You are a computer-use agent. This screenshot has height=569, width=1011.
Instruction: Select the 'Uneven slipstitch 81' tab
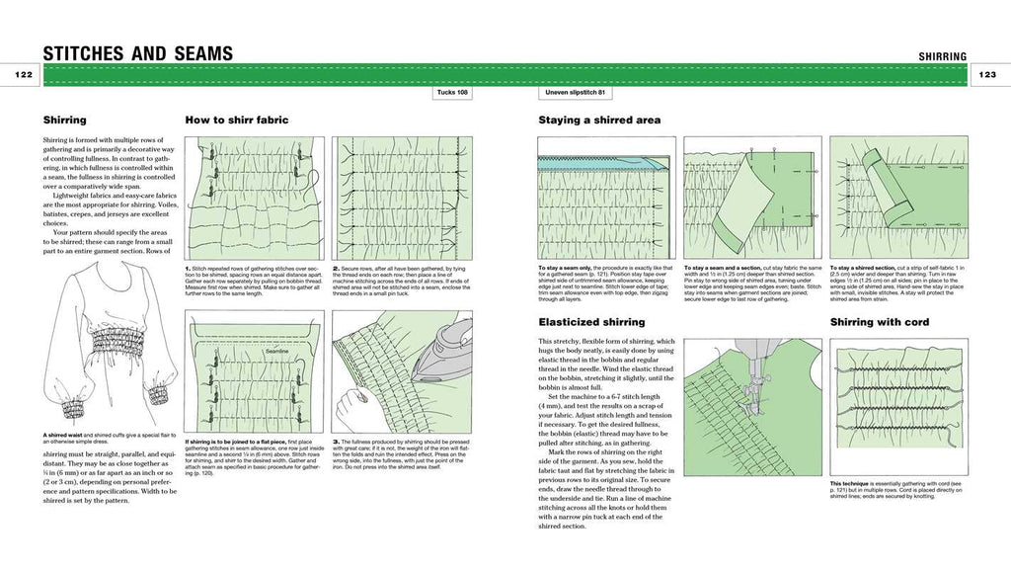[574, 93]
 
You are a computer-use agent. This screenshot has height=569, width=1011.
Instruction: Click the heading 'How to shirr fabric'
[236, 121]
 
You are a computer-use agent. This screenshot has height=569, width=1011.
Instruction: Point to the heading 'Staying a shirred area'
[598, 121]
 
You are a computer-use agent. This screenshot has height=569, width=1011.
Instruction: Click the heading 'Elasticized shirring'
[591, 322]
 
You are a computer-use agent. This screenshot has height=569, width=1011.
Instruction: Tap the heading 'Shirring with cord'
[879, 322]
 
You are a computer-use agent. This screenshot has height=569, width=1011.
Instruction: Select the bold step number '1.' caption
[189, 268]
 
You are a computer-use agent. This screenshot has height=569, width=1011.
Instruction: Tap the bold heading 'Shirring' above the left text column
[64, 121]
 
